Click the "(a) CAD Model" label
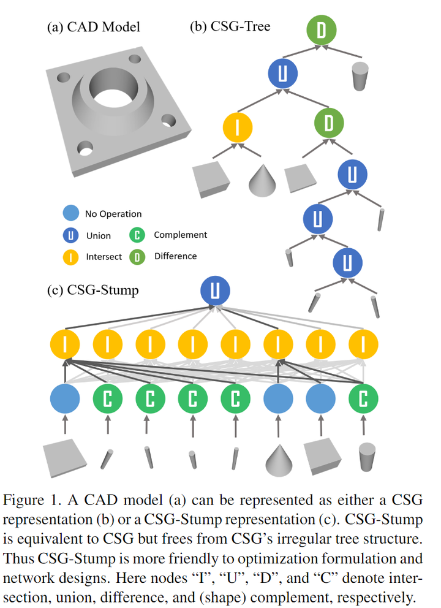[93, 27]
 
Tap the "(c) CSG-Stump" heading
[92, 289]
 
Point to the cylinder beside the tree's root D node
[360, 75]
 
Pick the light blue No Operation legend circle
[71, 214]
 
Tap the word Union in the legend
[99, 236]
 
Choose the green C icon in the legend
[138, 235]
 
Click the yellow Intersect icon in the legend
[71, 257]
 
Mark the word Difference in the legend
[175, 256]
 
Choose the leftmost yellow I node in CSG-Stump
[64, 344]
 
